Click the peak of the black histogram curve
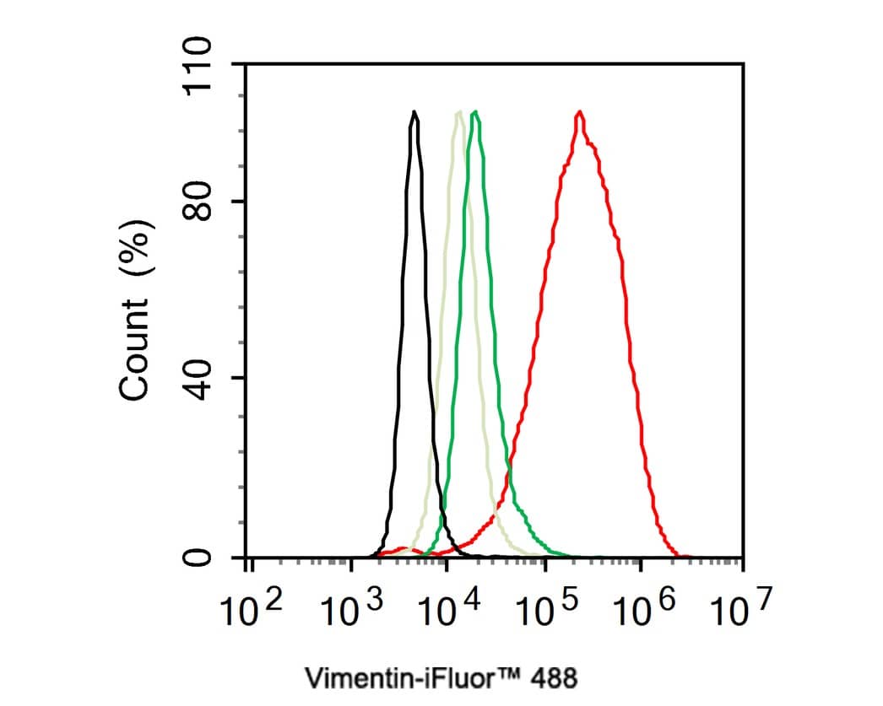click(x=414, y=112)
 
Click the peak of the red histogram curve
click(x=579, y=112)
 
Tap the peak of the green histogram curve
click(x=476, y=112)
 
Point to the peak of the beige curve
click(x=458, y=112)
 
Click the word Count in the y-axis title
click(x=136, y=349)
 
